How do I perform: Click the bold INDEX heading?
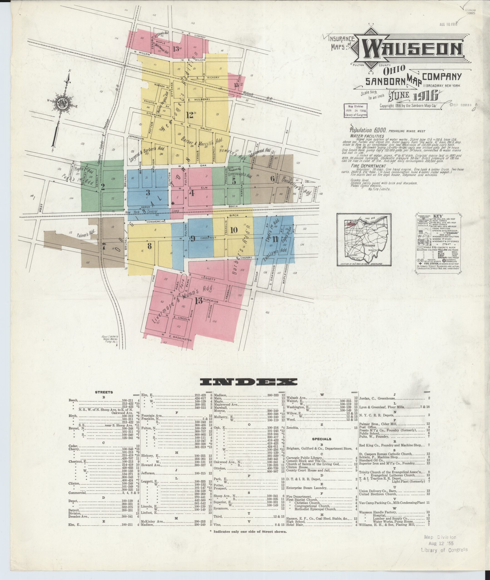[245, 382]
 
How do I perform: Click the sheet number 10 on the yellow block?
[234, 230]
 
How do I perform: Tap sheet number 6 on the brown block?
[272, 179]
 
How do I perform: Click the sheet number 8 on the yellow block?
[149, 246]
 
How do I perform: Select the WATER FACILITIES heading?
[367, 136]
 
